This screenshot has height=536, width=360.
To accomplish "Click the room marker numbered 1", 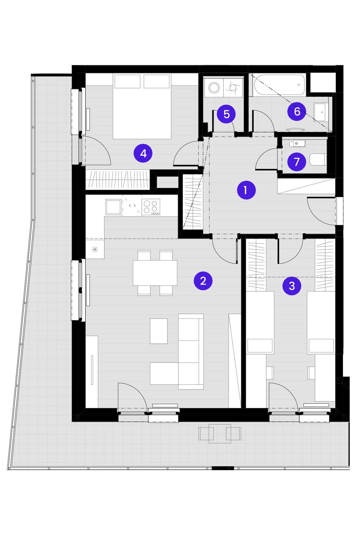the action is [246, 190].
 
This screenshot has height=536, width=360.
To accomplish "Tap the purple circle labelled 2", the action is [203, 281].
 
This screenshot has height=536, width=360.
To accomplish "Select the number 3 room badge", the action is [292, 286].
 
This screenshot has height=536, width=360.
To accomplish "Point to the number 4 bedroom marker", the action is [143, 153].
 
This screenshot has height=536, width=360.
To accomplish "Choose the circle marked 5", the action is [226, 114].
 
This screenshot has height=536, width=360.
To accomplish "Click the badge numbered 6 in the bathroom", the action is [297, 111].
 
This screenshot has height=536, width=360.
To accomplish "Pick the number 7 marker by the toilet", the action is [297, 162].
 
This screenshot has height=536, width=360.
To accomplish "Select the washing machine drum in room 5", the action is [214, 88].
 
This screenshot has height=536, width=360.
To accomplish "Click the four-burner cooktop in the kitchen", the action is [151, 207].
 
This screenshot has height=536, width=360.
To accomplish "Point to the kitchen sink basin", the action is [113, 207].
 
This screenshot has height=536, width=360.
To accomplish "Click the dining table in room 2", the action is [155, 273].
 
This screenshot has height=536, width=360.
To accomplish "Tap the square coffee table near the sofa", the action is [159, 331].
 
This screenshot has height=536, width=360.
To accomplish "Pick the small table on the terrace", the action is [220, 433].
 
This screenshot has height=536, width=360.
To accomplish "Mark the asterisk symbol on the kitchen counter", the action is [95, 249].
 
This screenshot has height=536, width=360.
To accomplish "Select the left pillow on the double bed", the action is [127, 81].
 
